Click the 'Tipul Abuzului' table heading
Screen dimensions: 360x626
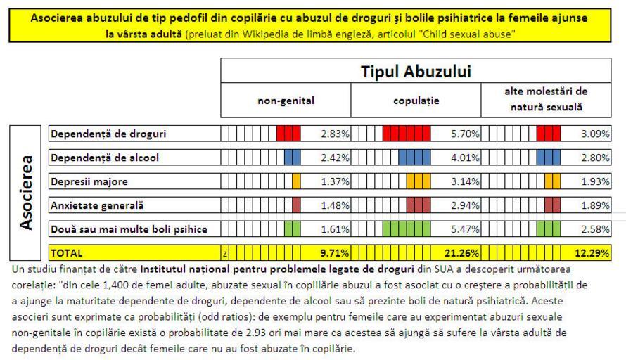tap(416, 71)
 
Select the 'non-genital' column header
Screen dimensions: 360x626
tap(286, 101)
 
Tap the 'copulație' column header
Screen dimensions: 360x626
tap(416, 101)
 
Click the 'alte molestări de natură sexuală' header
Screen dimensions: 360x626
tap(546, 100)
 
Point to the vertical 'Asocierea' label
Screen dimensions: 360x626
tap(27, 192)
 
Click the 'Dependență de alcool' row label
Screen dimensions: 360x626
tap(104, 157)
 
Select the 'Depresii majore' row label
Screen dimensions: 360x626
tap(89, 181)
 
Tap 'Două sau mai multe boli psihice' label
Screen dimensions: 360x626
tap(129, 229)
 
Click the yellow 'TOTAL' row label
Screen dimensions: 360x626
tap(66, 252)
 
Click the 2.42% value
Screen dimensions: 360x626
tap(336, 157)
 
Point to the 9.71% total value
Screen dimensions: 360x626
tap(336, 252)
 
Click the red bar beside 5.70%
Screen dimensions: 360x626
tap(405, 134)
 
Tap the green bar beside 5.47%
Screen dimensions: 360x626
tap(406, 229)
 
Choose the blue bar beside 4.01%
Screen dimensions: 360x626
tap(414, 157)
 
